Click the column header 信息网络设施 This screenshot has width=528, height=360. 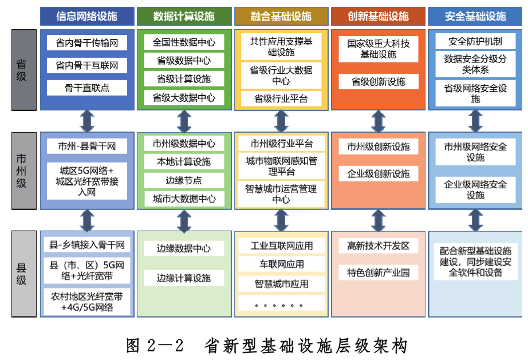click(x=87, y=16)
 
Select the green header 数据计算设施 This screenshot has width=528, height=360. click(x=184, y=16)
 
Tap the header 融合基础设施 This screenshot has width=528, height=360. click(x=281, y=16)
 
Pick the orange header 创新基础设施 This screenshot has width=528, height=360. click(x=378, y=16)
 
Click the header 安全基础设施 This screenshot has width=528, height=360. click(x=475, y=16)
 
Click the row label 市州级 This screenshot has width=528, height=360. click(x=21, y=171)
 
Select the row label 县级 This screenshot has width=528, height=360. click(x=21, y=273)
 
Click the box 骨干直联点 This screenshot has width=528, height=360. click(x=87, y=88)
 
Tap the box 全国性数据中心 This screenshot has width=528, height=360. click(x=184, y=42)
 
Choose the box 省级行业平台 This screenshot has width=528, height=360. click(x=281, y=98)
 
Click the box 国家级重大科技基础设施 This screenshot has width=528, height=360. click(x=378, y=49)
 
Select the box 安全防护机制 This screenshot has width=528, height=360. click(x=475, y=41)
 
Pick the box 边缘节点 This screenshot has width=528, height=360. click(x=184, y=180)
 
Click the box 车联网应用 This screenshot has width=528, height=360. click(x=281, y=264)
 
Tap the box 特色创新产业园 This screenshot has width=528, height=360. click(x=378, y=272)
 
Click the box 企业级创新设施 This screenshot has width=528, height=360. click(x=378, y=173)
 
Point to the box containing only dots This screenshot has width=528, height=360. click(x=281, y=303)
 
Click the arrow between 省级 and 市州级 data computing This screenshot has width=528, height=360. click(x=184, y=121)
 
